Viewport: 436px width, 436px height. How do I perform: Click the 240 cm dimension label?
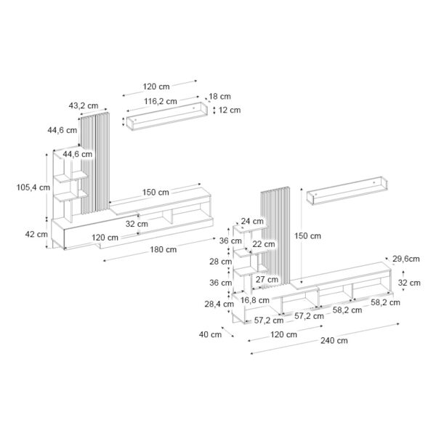point(334,340)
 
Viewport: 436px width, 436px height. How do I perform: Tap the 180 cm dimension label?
point(163,249)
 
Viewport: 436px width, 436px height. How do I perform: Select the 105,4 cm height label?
point(33,187)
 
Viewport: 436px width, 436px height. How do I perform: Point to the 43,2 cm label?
point(84,105)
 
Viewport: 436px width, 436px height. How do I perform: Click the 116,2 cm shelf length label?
point(161,101)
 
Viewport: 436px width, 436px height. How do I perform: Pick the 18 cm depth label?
point(219,97)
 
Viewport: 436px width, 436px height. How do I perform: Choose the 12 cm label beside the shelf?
point(230,110)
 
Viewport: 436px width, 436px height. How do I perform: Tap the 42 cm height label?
point(36,234)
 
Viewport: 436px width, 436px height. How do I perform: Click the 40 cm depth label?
point(210,334)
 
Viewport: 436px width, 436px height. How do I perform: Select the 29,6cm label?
point(406,259)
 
